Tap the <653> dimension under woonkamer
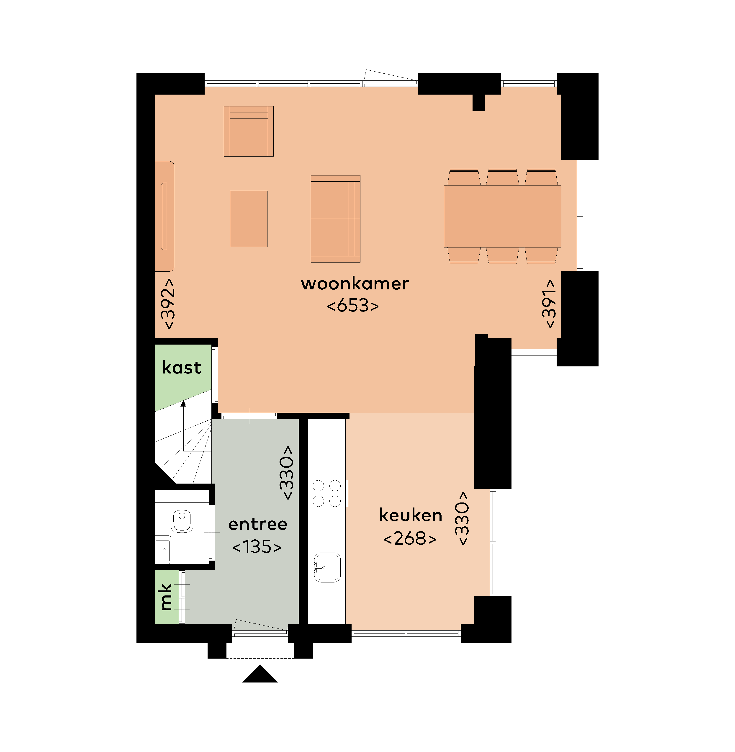353,305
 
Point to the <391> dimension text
549,304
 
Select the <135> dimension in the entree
257,546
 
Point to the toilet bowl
182,519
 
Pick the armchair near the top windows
249,131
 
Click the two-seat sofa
335,219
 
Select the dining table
503,216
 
